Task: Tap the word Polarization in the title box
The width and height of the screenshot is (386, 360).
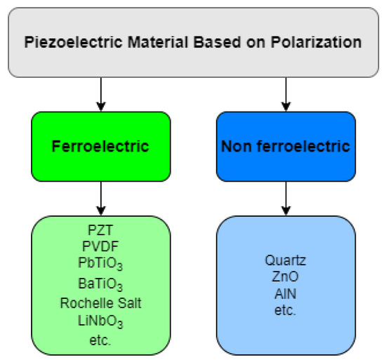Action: click(x=319, y=42)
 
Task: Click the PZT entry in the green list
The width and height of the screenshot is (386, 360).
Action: click(x=101, y=229)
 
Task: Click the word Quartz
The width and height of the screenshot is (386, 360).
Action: click(x=286, y=260)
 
